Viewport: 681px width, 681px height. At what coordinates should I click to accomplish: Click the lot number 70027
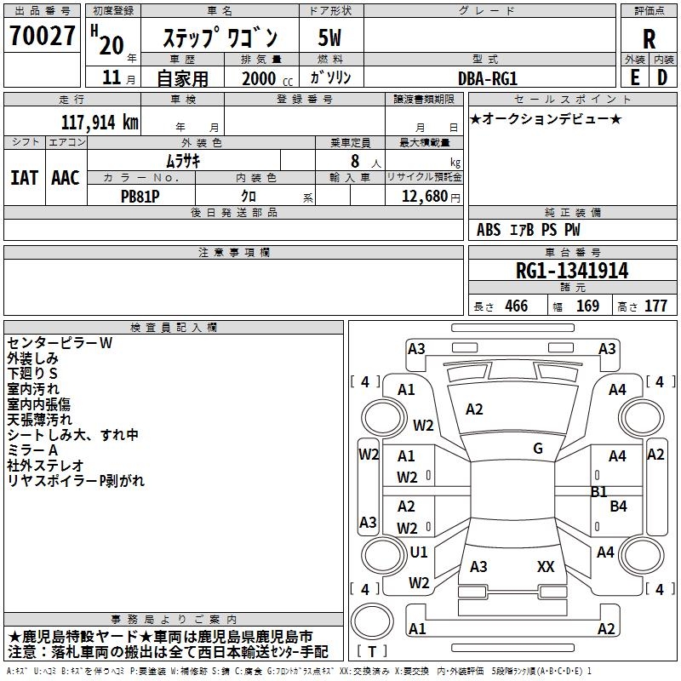[43, 37]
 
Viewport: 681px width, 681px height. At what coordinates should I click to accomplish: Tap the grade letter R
[650, 38]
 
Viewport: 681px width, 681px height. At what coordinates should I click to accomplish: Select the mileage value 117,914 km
[100, 122]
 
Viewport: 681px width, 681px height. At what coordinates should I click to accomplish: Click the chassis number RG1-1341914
[572, 272]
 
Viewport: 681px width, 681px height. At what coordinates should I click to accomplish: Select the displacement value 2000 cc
[259, 78]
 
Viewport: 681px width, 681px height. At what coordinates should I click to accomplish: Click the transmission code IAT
[25, 177]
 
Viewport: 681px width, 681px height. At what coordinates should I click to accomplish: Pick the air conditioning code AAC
[65, 177]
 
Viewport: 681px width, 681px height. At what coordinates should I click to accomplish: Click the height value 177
[655, 306]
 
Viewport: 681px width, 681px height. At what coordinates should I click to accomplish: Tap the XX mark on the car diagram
[546, 566]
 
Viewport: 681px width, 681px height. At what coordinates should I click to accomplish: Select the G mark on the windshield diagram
[538, 449]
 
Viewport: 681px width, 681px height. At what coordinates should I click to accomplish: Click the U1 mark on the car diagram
[419, 552]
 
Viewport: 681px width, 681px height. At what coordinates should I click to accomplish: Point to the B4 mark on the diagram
[619, 506]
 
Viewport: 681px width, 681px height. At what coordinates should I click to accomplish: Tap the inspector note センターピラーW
[60, 343]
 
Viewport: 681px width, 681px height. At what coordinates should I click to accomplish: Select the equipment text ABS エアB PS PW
[529, 230]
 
